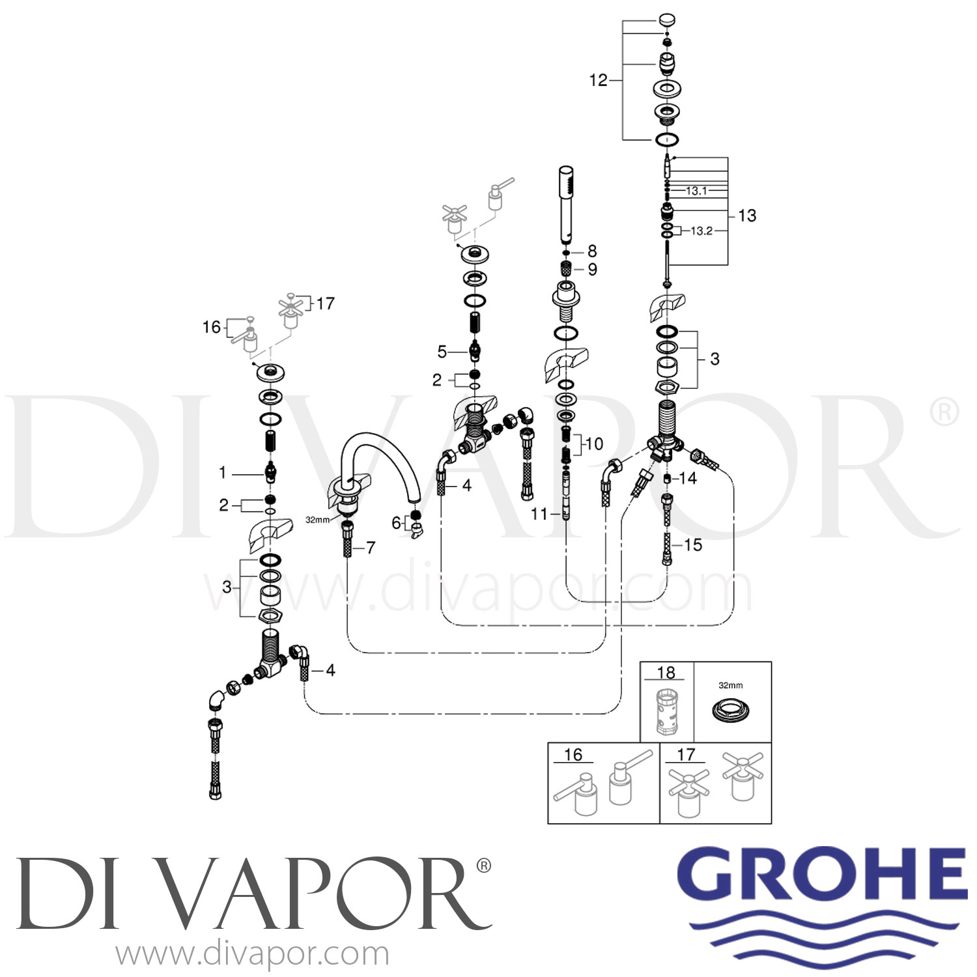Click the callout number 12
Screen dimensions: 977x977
point(598,80)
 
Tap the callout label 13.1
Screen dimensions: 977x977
point(696,191)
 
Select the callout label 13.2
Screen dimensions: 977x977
point(701,231)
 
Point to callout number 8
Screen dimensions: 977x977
point(591,251)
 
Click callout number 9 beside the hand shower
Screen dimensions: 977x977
point(592,269)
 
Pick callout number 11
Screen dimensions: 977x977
point(539,514)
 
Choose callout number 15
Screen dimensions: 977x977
point(693,545)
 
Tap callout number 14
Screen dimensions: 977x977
point(688,478)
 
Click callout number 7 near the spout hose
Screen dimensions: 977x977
point(371,548)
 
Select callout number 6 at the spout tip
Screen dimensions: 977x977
point(396,522)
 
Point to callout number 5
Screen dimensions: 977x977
point(442,352)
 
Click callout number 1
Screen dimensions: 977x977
point(223,472)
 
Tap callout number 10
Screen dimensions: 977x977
point(594,444)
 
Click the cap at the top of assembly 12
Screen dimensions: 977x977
point(668,20)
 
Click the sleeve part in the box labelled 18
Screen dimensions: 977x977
point(666,711)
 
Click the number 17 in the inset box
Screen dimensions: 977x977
point(687,754)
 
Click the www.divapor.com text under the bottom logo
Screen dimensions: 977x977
point(253,955)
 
